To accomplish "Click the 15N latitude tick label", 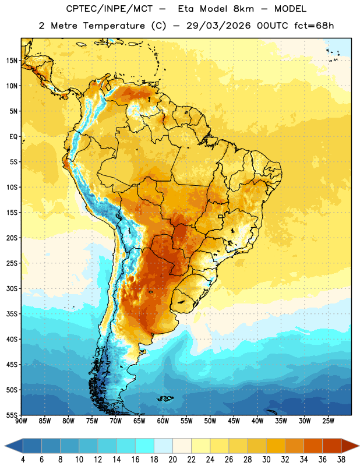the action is [x=12, y=61].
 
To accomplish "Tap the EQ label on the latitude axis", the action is [x=13, y=137].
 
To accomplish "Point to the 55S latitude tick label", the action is [x=12, y=415].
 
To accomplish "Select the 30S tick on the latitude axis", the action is [x=12, y=288].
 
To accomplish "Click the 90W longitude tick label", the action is [x=21, y=421].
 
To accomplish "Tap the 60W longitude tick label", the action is [x=163, y=421].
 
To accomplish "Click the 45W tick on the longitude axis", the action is [x=234, y=421].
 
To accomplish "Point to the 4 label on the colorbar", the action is [x=23, y=460].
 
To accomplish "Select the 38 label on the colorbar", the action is [x=341, y=460].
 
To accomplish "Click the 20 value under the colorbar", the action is [x=172, y=460].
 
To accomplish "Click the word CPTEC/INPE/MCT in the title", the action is [x=110, y=9].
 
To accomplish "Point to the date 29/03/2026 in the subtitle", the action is [x=218, y=26].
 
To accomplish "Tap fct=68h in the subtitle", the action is [x=314, y=26].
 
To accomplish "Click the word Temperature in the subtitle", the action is [x=114, y=26].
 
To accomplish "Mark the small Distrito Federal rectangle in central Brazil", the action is [x=221, y=216].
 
